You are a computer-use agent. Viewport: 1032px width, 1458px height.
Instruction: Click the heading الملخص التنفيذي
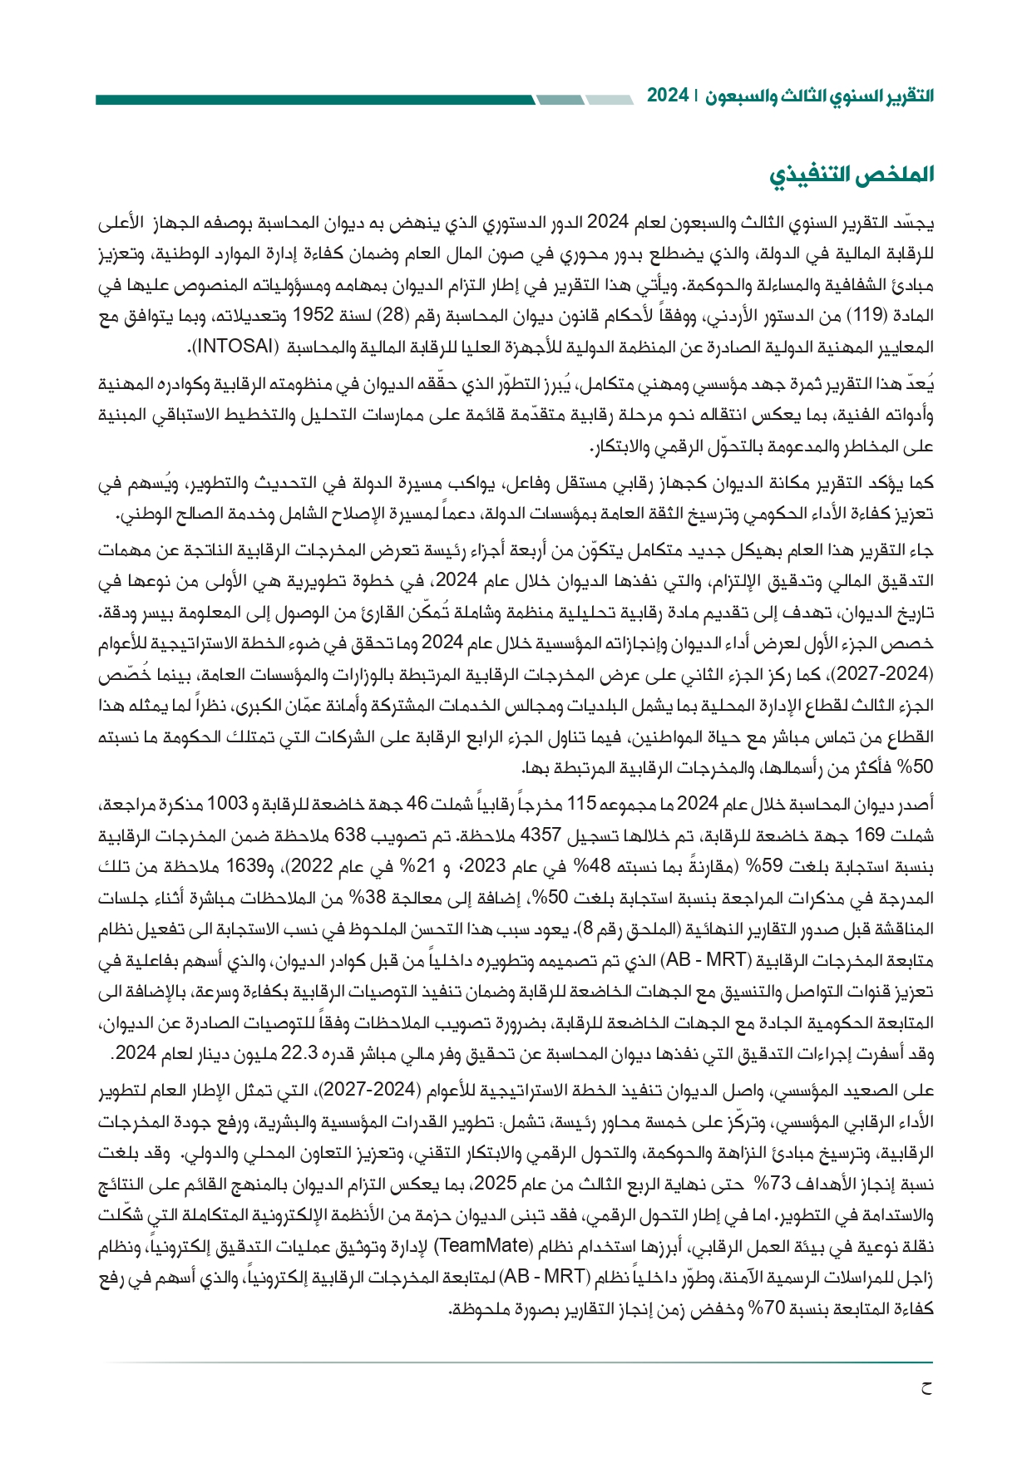[x=851, y=174]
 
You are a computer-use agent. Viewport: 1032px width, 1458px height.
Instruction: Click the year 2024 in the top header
[x=667, y=96]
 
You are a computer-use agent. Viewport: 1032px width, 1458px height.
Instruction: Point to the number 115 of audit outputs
[x=582, y=803]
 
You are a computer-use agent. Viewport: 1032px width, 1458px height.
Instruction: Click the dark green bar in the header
[x=316, y=100]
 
